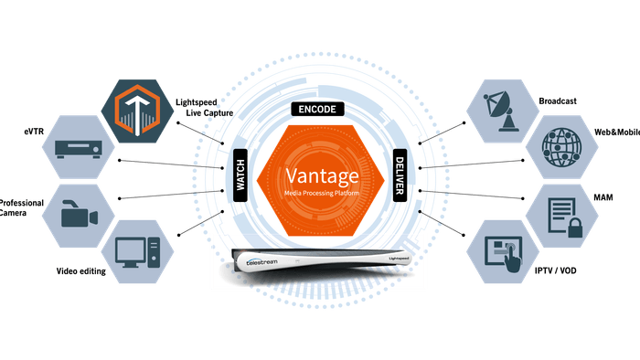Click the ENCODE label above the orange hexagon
pos(319,109)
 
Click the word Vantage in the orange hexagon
pos(320,174)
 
